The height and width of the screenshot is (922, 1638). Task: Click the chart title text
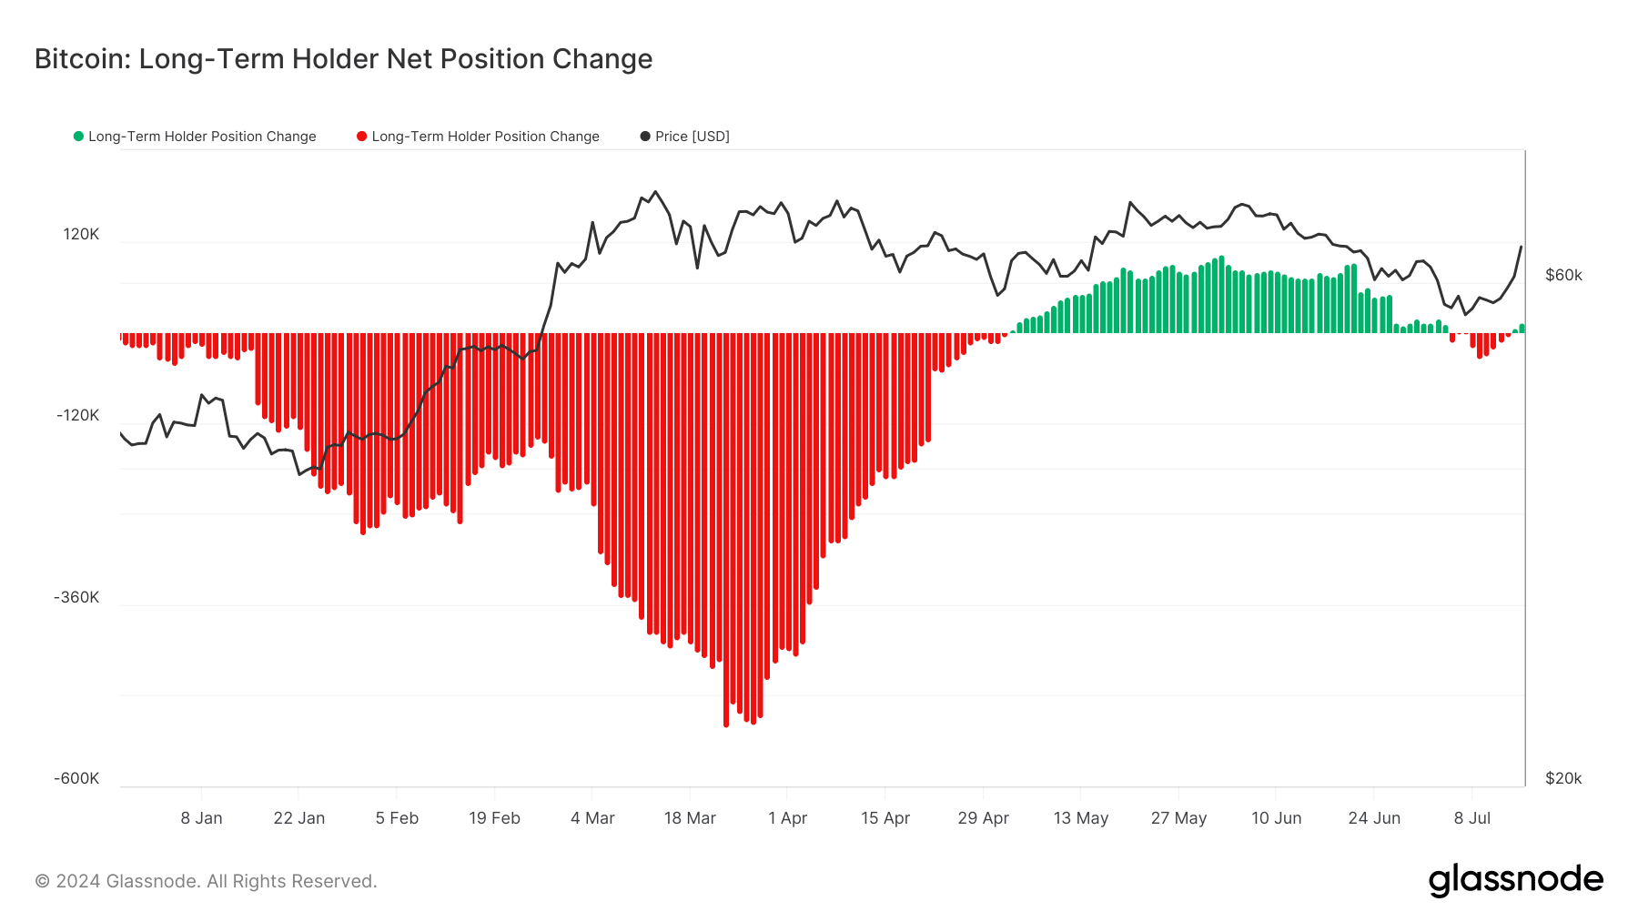pyautogui.click(x=343, y=59)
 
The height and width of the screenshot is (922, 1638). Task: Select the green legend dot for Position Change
pyautogui.click(x=79, y=137)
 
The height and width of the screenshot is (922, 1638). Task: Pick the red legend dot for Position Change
pyautogui.click(x=362, y=137)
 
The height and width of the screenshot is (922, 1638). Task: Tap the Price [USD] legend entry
pyautogui.click(x=685, y=137)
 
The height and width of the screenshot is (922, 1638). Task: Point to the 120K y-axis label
pyautogui.click(x=81, y=234)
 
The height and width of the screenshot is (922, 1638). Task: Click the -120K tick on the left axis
pyautogui.click(x=78, y=415)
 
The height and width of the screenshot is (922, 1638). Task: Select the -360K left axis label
pyautogui.click(x=76, y=597)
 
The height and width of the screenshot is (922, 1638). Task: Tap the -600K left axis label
pyautogui.click(x=76, y=778)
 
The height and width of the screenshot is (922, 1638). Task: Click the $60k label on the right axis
pyautogui.click(x=1563, y=275)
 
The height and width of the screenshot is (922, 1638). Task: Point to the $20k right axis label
pyautogui.click(x=1563, y=778)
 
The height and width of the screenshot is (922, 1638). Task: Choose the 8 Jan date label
pyautogui.click(x=201, y=818)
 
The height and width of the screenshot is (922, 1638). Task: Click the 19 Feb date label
pyautogui.click(x=494, y=818)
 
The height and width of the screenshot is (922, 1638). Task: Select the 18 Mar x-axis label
pyautogui.click(x=690, y=818)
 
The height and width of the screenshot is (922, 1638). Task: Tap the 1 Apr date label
pyautogui.click(x=787, y=818)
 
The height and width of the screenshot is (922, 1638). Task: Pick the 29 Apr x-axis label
pyautogui.click(x=983, y=818)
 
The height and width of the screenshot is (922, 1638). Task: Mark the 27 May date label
pyautogui.click(x=1178, y=818)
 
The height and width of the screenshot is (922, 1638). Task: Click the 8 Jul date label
pyautogui.click(x=1471, y=818)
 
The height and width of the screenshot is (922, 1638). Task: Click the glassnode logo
pyautogui.click(x=1515, y=880)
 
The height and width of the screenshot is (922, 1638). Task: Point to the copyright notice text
pyautogui.click(x=206, y=881)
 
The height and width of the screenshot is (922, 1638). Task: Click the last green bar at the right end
pyautogui.click(x=1522, y=329)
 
